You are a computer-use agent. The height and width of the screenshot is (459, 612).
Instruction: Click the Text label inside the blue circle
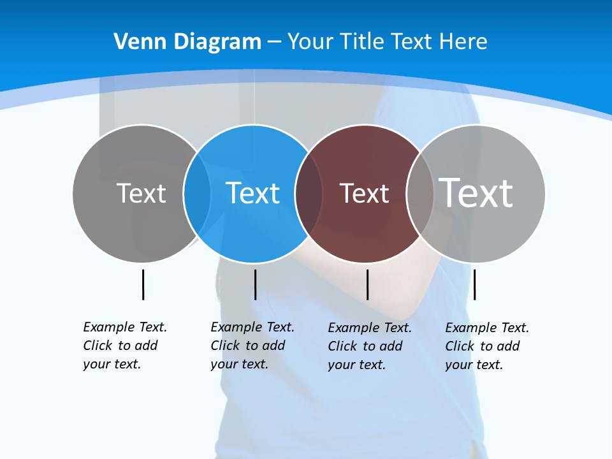[x=252, y=193]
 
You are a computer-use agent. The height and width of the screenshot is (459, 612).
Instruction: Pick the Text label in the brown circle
[x=364, y=193]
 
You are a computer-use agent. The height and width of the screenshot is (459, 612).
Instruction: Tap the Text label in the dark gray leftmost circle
[x=141, y=193]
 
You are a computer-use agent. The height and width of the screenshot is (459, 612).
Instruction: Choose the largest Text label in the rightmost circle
[x=476, y=193]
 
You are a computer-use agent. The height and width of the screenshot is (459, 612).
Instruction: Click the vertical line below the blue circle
[x=255, y=284]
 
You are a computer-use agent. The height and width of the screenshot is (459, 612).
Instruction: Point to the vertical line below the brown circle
[x=367, y=284]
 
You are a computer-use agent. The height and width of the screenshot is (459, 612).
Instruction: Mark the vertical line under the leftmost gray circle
[x=143, y=284]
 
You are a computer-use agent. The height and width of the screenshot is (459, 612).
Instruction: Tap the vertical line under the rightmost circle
[x=474, y=284]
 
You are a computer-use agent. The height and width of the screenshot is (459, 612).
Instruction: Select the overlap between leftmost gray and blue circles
[x=197, y=193]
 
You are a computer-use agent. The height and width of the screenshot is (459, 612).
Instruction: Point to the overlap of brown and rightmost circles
[x=420, y=193]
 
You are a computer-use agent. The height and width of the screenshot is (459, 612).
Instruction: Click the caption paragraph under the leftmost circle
[x=125, y=346]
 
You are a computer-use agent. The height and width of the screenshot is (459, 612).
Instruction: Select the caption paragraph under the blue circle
[x=252, y=346]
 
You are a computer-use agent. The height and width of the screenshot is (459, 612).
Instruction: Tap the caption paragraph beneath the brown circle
[x=370, y=346]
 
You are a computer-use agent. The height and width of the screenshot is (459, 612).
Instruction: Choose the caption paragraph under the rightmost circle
[x=487, y=346]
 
